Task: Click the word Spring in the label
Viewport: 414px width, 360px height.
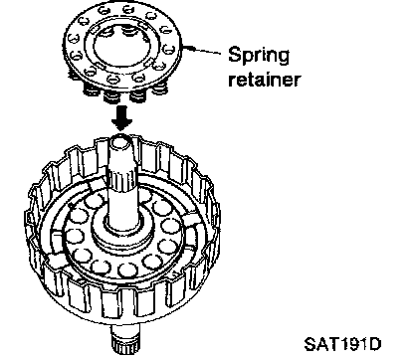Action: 259,56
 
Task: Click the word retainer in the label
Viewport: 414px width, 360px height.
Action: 265,80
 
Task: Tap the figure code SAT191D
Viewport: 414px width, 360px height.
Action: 343,345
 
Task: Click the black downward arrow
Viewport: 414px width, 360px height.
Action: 121,117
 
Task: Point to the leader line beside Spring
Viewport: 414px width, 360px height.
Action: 202,50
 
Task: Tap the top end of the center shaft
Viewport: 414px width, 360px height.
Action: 120,140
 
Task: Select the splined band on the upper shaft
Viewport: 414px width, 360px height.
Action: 121,180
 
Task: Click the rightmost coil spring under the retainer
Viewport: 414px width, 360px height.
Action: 160,89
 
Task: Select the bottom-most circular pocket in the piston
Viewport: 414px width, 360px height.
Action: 128,270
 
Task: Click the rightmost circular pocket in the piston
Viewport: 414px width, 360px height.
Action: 171,226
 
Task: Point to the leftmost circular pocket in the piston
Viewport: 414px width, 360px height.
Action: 75,236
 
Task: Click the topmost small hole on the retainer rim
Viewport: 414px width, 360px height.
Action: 127,9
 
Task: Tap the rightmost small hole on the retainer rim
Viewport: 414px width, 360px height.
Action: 169,50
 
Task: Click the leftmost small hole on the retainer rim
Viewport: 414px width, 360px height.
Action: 74,39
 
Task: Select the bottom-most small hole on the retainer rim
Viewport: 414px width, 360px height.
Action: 113,80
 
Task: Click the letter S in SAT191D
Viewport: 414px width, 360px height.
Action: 310,345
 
